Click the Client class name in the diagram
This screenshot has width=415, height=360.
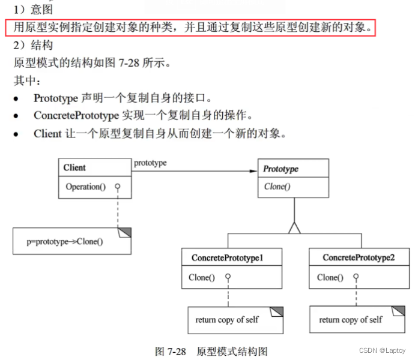click(x=74, y=168)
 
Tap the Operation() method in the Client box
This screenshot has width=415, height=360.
click(x=85, y=187)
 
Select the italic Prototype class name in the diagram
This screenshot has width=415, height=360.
click(x=280, y=169)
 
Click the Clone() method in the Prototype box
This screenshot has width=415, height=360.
click(x=277, y=187)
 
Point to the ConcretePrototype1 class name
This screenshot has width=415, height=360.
click(x=228, y=258)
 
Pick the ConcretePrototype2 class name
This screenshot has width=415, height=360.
click(x=359, y=258)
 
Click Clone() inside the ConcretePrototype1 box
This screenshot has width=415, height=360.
click(x=202, y=277)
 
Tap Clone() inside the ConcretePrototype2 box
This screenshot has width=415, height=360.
click(x=330, y=277)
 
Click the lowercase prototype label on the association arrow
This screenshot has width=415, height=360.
click(x=150, y=163)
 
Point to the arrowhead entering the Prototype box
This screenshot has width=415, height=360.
click(x=254, y=172)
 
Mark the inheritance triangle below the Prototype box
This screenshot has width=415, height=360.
click(x=294, y=227)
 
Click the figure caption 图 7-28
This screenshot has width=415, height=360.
click(x=170, y=352)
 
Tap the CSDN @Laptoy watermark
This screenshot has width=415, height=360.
click(x=383, y=351)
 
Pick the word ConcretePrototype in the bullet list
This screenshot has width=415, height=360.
click(x=69, y=115)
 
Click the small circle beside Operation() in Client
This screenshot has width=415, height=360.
click(x=118, y=187)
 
